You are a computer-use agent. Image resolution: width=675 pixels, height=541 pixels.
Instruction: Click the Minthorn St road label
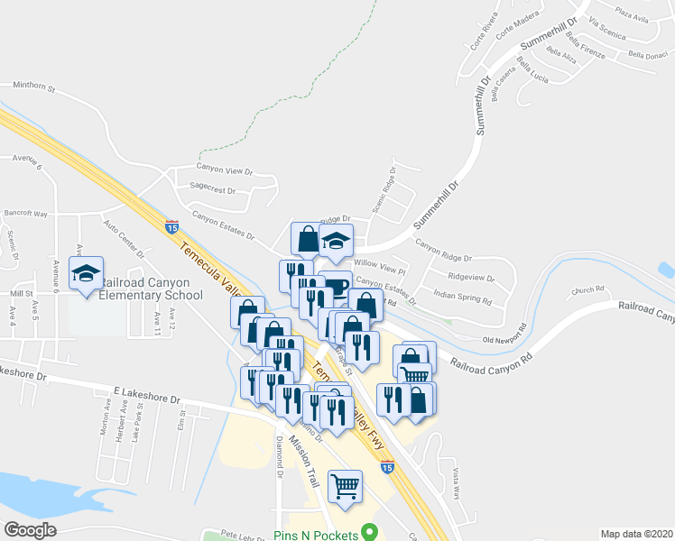pyautogui.click(x=33, y=88)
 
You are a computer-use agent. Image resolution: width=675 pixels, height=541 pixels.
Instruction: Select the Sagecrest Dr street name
pyautogui.click(x=212, y=191)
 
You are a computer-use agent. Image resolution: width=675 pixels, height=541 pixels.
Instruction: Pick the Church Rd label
pyautogui.click(x=587, y=290)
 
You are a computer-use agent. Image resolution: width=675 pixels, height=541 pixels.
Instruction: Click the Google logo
pyautogui.click(x=30, y=530)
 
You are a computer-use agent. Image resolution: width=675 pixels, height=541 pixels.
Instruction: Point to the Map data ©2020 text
pyautogui.click(x=636, y=534)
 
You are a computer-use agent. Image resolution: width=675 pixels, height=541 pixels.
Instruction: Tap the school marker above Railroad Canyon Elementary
pyautogui.click(x=87, y=274)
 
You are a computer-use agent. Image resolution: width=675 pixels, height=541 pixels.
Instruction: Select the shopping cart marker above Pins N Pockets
pyautogui.click(x=346, y=487)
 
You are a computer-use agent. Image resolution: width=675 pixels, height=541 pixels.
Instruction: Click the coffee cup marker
pyautogui.click(x=336, y=287)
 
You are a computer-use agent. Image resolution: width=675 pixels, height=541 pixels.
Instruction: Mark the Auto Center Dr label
pyautogui.click(x=123, y=237)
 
